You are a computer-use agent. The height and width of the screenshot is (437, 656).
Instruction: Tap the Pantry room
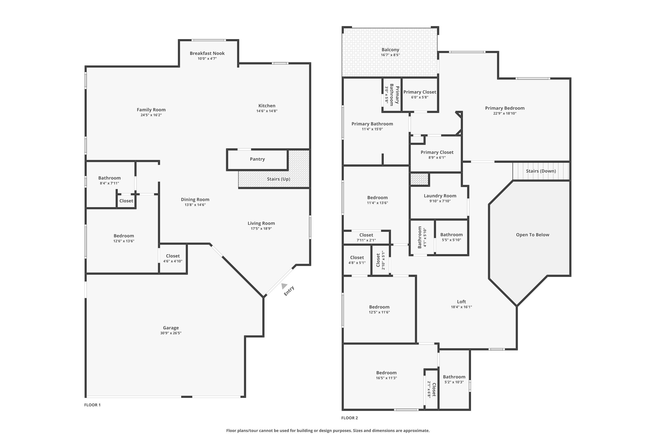(257, 159)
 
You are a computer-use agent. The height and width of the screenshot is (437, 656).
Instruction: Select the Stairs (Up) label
(278, 179)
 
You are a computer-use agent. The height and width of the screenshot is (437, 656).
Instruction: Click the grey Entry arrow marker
(284, 286)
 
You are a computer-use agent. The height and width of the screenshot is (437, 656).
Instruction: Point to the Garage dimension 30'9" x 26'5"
(171, 333)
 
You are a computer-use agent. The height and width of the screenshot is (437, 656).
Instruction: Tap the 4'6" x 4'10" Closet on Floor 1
(173, 258)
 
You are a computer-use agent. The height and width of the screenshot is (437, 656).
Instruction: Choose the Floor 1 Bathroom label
(109, 178)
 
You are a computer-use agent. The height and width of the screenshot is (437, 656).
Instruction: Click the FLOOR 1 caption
(92, 405)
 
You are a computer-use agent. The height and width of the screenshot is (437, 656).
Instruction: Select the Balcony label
(390, 50)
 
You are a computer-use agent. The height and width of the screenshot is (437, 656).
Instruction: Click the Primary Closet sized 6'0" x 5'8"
(419, 94)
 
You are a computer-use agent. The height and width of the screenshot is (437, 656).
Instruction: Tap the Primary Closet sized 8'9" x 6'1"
(437, 155)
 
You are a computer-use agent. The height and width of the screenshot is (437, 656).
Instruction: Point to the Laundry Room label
(440, 196)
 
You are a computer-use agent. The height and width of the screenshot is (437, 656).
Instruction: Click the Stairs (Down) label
(541, 171)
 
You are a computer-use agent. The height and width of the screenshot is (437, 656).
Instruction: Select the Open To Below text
(532, 235)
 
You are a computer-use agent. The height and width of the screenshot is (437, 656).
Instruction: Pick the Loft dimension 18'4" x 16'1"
(461, 307)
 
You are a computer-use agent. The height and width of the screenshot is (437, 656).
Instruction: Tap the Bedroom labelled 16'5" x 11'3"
(386, 375)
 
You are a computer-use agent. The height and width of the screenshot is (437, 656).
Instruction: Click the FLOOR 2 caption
(349, 418)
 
